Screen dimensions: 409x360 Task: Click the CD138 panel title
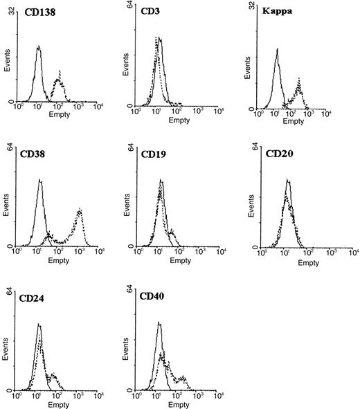coord(35,11)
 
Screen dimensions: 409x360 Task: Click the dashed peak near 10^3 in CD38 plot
coord(80,209)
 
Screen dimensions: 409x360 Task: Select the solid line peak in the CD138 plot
coord(39,47)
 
